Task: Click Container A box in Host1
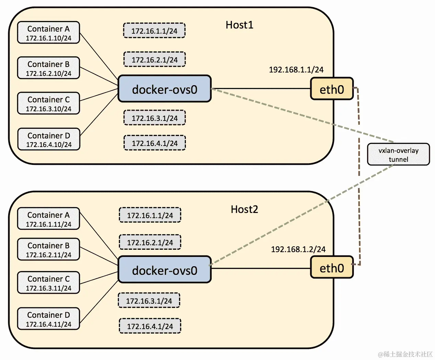click(48, 33)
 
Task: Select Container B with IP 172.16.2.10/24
click(48, 68)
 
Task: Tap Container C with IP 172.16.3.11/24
click(48, 283)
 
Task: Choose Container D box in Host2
click(48, 319)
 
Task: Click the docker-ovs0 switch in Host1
click(165, 89)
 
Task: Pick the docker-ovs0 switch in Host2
click(165, 270)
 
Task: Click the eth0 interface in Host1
click(332, 89)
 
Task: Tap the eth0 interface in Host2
click(332, 267)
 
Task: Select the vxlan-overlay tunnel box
click(398, 155)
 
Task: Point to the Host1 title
click(239, 25)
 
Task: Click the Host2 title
click(244, 209)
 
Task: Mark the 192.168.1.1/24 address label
click(296, 70)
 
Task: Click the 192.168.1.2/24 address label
click(298, 249)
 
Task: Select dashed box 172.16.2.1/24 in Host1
click(154, 59)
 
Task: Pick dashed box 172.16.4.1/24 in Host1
click(154, 143)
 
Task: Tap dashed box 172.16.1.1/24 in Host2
click(150, 215)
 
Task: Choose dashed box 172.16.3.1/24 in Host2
click(149, 301)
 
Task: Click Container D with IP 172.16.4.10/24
click(48, 139)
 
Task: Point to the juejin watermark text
click(405, 354)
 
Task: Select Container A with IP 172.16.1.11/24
click(48, 219)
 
